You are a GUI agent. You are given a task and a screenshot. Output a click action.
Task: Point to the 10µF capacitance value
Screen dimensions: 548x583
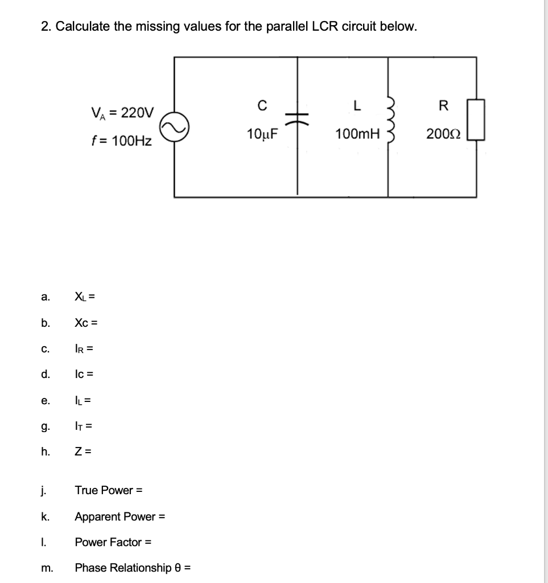[x=262, y=134]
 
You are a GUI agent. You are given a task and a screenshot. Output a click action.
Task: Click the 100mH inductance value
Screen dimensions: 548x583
[x=357, y=134]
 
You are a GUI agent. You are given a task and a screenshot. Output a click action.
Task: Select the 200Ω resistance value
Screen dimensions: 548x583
[x=446, y=134]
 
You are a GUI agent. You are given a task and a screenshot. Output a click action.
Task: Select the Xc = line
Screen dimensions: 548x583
[x=86, y=322]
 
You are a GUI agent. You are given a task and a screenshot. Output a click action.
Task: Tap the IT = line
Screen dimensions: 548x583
[x=84, y=426]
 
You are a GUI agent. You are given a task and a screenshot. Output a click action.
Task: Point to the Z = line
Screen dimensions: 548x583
[x=83, y=452]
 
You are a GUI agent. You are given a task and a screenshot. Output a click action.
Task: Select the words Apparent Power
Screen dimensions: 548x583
[x=115, y=516]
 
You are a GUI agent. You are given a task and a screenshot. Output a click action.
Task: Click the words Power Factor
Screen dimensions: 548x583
[x=109, y=542]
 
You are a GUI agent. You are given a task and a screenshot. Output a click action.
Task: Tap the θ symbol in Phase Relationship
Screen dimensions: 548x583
[x=178, y=568]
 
